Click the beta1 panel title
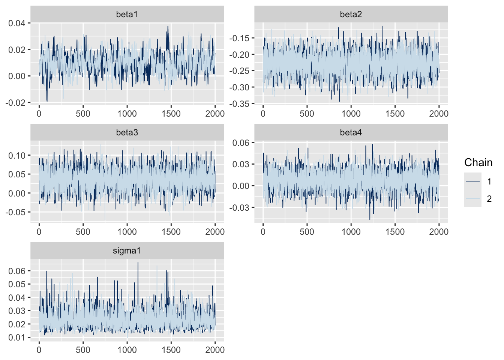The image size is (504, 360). pyautogui.click(x=127, y=14)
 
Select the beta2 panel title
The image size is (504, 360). pyautogui.click(x=351, y=14)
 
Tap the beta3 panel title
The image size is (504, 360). pyautogui.click(x=127, y=132)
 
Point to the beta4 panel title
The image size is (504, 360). pyautogui.click(x=351, y=132)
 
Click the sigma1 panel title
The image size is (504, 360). pyautogui.click(x=127, y=250)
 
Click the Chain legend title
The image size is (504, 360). pyautogui.click(x=478, y=162)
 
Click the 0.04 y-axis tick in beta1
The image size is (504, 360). pyautogui.click(x=17, y=23)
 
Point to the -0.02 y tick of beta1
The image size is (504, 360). pyautogui.click(x=15, y=102)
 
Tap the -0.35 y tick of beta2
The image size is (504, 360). pyautogui.click(x=239, y=104)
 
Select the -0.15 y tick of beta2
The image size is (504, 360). pyautogui.click(x=239, y=38)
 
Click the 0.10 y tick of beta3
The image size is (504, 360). pyautogui.click(x=17, y=155)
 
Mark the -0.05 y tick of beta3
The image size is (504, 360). pyautogui.click(x=15, y=212)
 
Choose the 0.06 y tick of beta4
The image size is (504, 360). pyautogui.click(x=241, y=142)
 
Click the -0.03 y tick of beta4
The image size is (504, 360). pyautogui.click(x=239, y=207)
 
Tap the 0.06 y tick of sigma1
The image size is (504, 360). pyautogui.click(x=17, y=271)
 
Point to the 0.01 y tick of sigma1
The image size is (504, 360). pyautogui.click(x=17, y=337)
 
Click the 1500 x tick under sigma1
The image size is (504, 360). pyautogui.click(x=171, y=349)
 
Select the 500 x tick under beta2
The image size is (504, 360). pyautogui.click(x=307, y=114)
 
